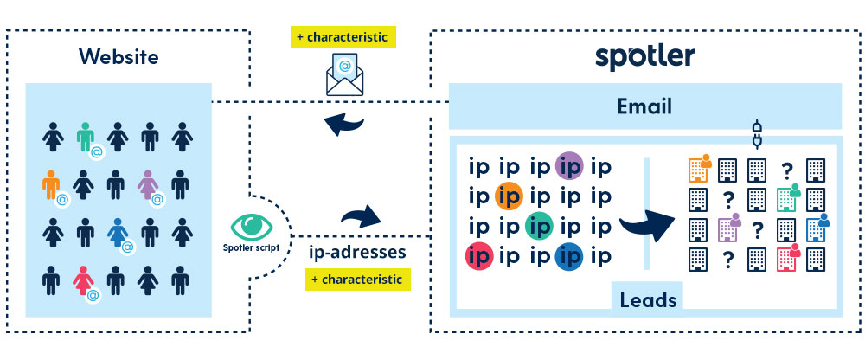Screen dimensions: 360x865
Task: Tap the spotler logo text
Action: (x=644, y=56)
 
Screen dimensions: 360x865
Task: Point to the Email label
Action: (x=644, y=107)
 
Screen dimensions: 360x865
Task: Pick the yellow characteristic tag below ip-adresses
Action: (x=357, y=280)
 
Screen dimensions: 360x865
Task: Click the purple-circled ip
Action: (x=569, y=164)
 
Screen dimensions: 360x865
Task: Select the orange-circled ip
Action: (x=509, y=196)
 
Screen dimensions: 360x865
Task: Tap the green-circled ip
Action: (x=539, y=226)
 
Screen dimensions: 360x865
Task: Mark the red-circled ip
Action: (x=478, y=257)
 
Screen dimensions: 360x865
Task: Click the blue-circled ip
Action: (x=569, y=257)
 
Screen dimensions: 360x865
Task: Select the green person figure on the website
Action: (x=85, y=137)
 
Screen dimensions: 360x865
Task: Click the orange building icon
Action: (x=698, y=169)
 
